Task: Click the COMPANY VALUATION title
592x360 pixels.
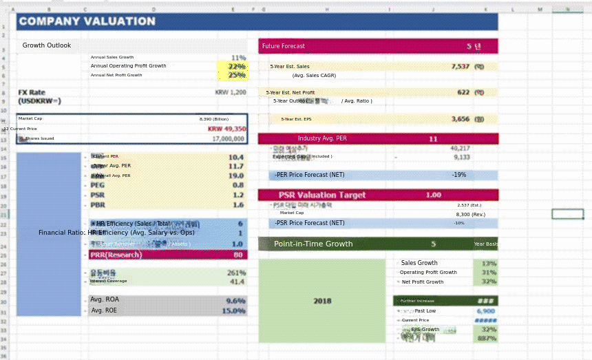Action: point(87,21)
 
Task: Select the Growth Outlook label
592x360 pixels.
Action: point(47,45)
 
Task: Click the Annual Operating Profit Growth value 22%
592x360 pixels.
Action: point(237,66)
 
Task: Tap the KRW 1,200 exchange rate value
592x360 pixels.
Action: point(230,92)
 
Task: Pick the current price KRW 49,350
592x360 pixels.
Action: point(226,129)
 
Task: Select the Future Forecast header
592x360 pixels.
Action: point(284,46)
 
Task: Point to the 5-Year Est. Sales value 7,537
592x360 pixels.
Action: point(460,66)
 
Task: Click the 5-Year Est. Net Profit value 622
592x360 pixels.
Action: point(463,92)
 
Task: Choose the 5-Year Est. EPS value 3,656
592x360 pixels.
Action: point(460,119)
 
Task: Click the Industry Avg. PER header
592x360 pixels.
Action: point(322,138)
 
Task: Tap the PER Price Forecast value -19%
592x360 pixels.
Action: point(458,175)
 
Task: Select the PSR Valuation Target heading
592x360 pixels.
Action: point(322,195)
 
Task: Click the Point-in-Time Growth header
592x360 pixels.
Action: point(313,244)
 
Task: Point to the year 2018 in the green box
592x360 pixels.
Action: point(322,301)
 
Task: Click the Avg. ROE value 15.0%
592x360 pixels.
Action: point(233,311)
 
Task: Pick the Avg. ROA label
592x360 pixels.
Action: point(105,299)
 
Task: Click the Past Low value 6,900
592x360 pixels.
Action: point(485,311)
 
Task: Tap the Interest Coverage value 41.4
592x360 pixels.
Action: point(237,282)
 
